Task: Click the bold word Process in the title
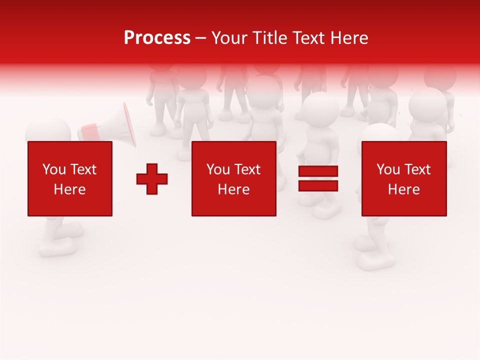157,38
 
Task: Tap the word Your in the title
230,38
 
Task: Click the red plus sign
152,179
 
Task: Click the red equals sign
318,178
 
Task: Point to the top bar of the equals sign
318,171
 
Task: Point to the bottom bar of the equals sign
318,185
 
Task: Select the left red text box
70,178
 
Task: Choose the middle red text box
234,178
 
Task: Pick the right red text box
404,178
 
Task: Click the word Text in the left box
83,169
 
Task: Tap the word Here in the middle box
234,189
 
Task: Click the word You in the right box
388,169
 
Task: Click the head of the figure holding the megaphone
48,131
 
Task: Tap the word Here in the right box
404,189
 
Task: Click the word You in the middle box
218,169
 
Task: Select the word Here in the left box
70,189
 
